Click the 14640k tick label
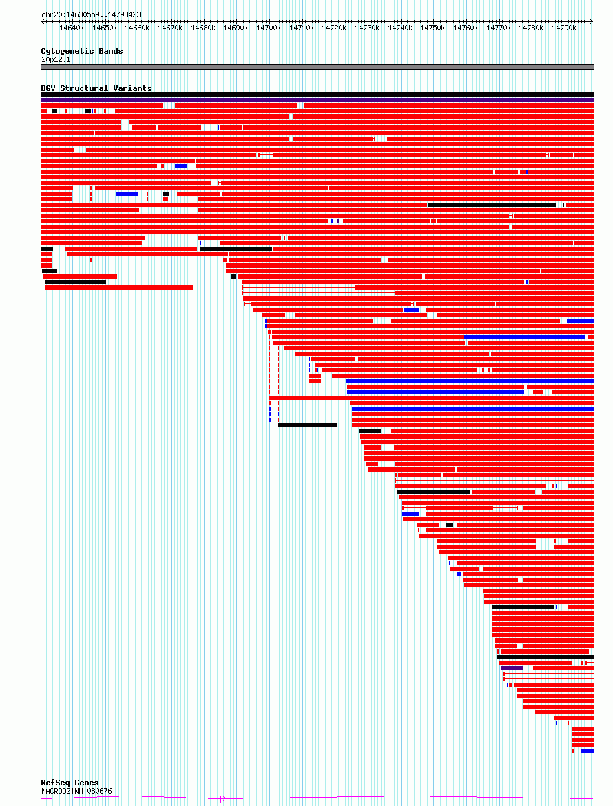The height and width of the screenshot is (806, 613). (72, 28)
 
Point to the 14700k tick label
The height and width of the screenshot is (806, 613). (269, 28)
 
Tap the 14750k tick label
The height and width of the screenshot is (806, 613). (433, 28)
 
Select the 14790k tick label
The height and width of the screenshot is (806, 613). (564, 28)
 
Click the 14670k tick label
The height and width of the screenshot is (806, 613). (170, 28)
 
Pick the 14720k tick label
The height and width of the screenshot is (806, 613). (334, 28)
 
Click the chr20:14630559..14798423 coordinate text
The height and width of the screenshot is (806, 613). (91, 14)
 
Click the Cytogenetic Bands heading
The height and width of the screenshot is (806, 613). (81, 51)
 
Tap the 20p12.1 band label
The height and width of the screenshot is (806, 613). (56, 59)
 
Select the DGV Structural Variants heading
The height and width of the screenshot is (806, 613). (96, 88)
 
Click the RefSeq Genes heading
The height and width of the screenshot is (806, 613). (70, 783)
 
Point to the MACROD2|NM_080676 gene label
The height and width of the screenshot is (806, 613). (76, 791)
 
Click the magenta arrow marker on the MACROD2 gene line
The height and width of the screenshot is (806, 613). (221, 799)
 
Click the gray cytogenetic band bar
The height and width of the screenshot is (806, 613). (317, 67)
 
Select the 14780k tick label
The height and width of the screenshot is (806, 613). (531, 28)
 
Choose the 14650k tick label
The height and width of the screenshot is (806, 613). (105, 28)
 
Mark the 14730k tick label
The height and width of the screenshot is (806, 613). (367, 28)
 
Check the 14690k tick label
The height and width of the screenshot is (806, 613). (236, 28)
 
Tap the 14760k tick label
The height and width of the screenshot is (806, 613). (466, 28)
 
